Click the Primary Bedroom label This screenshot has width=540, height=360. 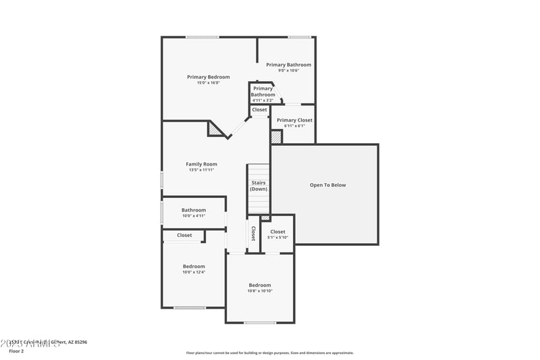(208, 77)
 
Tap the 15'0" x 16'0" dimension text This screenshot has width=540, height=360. (208, 83)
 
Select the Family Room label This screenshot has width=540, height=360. (201, 164)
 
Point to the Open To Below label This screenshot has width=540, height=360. (327, 185)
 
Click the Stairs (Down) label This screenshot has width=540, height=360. (259, 186)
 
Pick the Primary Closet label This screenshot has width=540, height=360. (295, 120)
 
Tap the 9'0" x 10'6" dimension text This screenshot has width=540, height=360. (288, 70)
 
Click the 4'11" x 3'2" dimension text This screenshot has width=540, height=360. (263, 101)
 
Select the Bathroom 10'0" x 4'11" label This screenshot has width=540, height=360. (194, 210)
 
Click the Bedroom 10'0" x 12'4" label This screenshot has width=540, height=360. (194, 267)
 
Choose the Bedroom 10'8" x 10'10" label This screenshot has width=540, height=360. (259, 285)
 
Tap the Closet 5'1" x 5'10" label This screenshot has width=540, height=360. (277, 232)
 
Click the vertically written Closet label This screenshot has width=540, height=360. (253, 234)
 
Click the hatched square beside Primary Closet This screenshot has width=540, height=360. (276, 137)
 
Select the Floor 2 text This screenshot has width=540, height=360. (16, 351)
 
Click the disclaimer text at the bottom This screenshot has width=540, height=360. (269, 353)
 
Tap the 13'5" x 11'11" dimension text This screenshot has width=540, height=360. (201, 170)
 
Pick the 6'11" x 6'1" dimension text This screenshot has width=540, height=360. (295, 126)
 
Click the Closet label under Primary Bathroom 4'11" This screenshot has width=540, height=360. (259, 109)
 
